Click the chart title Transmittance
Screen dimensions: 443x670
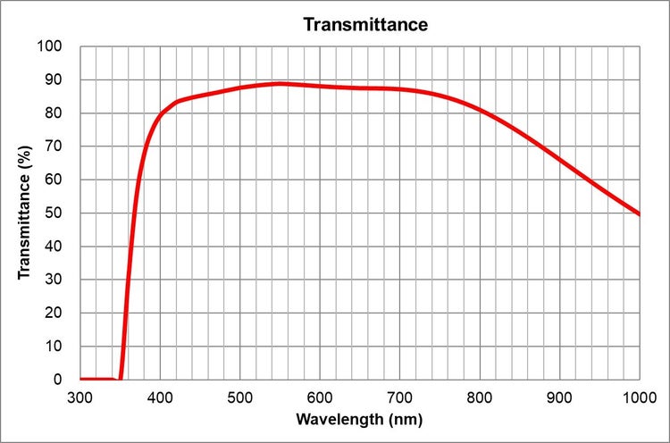365,24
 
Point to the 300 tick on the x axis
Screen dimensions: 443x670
80,396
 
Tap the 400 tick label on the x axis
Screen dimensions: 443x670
160,396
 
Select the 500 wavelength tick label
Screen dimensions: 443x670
240,396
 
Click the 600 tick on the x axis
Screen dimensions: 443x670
320,396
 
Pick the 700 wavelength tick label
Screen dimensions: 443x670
400,396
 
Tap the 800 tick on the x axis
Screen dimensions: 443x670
480,396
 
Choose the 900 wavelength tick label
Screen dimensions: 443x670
560,396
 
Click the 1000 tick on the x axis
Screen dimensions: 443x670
638,396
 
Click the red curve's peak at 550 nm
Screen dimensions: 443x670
280,84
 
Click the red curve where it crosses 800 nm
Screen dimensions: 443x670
480,110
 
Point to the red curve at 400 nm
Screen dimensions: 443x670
161,115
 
